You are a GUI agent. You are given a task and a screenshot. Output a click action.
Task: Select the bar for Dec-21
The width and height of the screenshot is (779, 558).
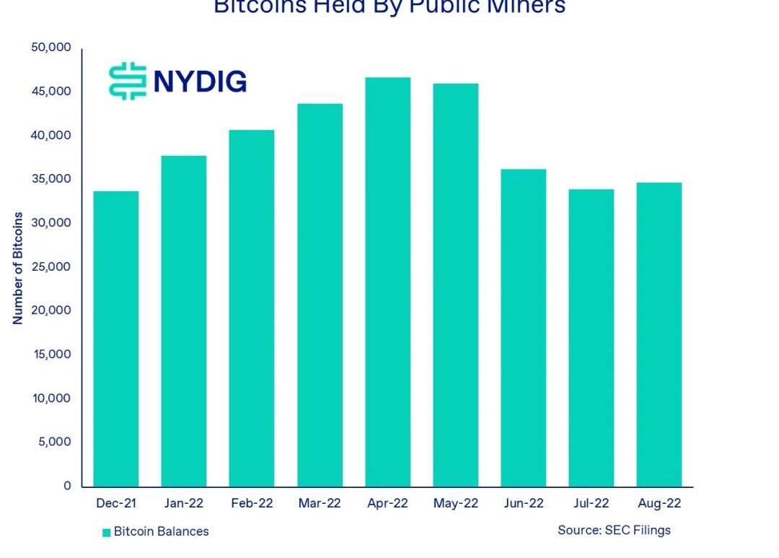tap(115, 339)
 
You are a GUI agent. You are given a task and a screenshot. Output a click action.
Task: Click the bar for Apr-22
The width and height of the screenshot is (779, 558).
tap(387, 282)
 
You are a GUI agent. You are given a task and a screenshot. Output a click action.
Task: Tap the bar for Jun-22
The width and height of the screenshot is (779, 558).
tap(524, 328)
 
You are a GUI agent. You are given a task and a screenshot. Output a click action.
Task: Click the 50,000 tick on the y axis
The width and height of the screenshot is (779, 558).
tap(51, 48)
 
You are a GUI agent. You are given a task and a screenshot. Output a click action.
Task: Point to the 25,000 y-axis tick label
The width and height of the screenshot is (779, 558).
tap(51, 267)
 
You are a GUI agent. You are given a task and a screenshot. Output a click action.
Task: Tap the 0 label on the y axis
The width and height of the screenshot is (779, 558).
tap(67, 486)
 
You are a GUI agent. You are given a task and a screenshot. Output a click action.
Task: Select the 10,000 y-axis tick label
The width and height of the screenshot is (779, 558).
tap(51, 398)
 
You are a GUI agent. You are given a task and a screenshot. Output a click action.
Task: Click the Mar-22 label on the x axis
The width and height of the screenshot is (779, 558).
tap(320, 503)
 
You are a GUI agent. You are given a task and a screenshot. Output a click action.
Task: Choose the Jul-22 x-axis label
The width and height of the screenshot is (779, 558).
tap(591, 503)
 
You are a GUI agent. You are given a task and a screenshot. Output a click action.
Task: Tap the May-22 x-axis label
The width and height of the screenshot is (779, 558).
tap(456, 503)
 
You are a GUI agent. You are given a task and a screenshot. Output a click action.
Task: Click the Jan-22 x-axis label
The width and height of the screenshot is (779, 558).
tap(183, 503)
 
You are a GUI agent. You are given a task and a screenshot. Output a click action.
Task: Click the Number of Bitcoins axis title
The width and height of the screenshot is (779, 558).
tap(18, 268)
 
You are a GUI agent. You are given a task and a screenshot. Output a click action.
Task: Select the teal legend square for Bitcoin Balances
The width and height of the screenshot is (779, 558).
tap(106, 533)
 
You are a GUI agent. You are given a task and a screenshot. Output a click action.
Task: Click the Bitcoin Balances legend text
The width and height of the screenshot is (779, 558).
tap(161, 532)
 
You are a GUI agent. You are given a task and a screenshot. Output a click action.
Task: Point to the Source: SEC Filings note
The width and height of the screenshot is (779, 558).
tap(614, 531)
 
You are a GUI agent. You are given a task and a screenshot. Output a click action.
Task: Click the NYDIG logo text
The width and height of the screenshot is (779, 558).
tap(200, 81)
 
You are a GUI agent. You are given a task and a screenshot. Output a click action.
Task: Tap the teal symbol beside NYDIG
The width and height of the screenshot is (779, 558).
tap(128, 81)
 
